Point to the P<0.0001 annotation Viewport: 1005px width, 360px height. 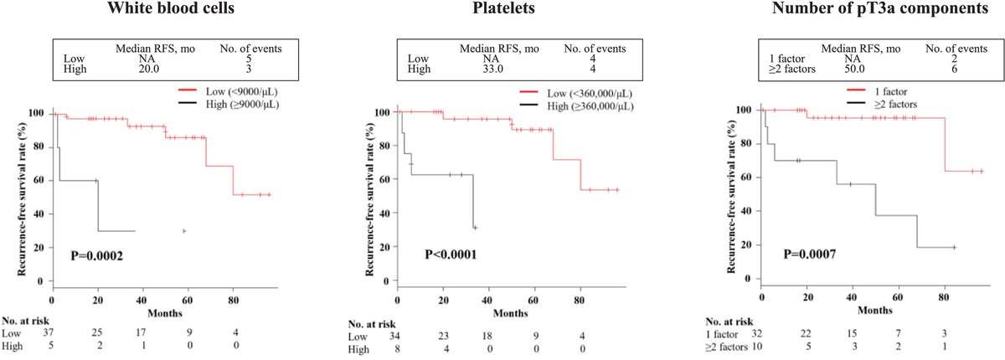point(456,253)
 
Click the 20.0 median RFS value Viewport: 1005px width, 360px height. point(147,69)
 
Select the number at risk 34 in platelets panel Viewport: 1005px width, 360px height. point(399,335)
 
